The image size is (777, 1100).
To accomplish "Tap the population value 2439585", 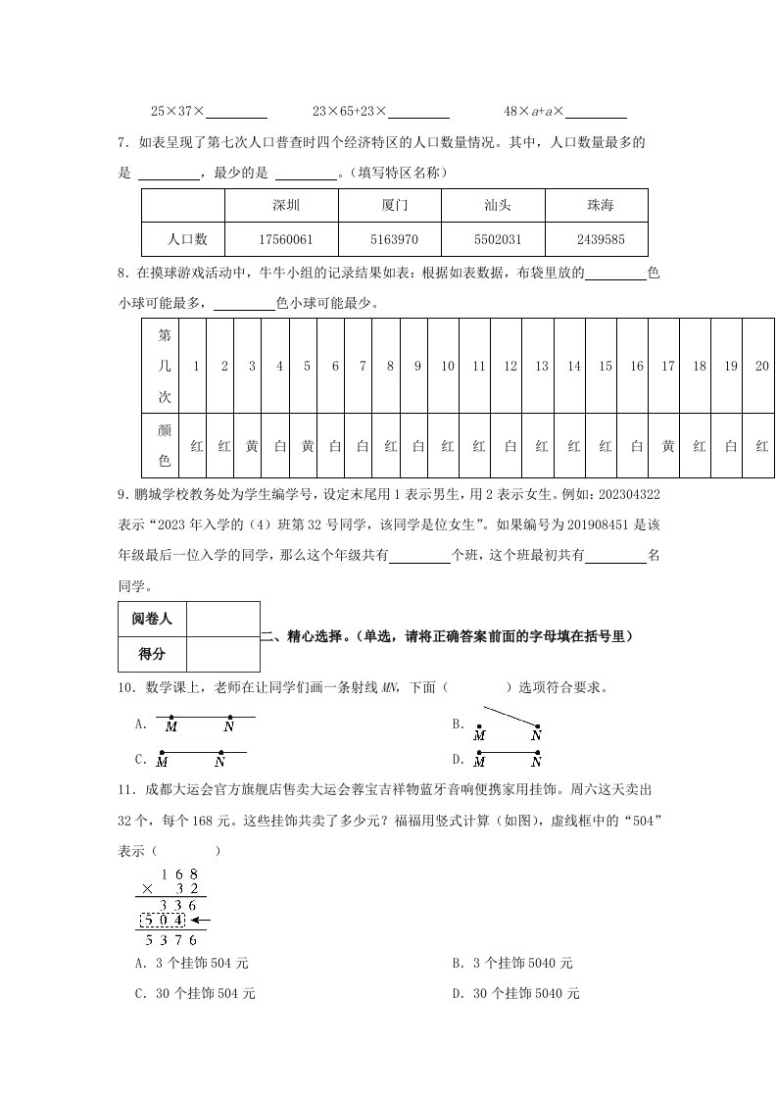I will pos(600,239).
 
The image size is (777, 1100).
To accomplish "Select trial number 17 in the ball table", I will pos(668,366).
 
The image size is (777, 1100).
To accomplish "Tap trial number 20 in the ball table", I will pos(762,366).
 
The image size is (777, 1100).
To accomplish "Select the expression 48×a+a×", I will pos(535,113).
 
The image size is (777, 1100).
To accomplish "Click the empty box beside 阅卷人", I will pos(222,619).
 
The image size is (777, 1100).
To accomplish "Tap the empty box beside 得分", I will pos(222,653).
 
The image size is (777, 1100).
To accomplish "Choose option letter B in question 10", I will pos(457,725).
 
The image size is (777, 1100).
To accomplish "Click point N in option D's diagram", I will pos(537,760).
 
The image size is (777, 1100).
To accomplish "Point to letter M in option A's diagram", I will pos(171,726).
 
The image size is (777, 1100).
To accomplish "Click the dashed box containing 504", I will pos(164,921).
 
